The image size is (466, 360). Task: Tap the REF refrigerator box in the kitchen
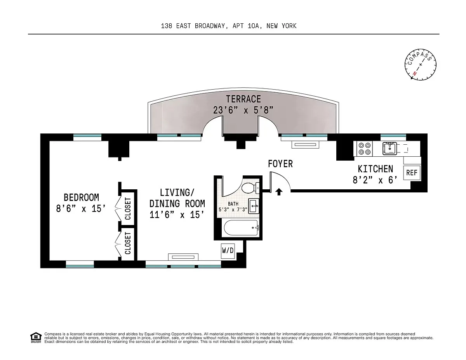pyautogui.click(x=411, y=173)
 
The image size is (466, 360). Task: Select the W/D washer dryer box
pyautogui.click(x=228, y=251)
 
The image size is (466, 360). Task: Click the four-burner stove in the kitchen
pyautogui.click(x=364, y=149)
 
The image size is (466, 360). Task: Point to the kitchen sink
pyautogui.click(x=389, y=148)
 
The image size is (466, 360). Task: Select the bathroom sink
pyautogui.click(x=254, y=206)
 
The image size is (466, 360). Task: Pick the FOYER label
pyautogui.click(x=280, y=164)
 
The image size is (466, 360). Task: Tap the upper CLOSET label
pyautogui.click(x=128, y=209)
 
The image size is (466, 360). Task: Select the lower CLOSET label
pyautogui.click(x=128, y=243)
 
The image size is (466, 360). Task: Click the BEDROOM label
pyautogui.click(x=81, y=197)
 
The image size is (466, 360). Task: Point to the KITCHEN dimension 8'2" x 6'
pyautogui.click(x=375, y=180)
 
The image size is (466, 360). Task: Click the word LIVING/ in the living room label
pyautogui.click(x=177, y=192)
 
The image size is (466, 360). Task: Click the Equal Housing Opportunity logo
pyautogui.click(x=35, y=337)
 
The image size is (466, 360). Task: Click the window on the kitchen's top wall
pyautogui.click(x=393, y=137)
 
